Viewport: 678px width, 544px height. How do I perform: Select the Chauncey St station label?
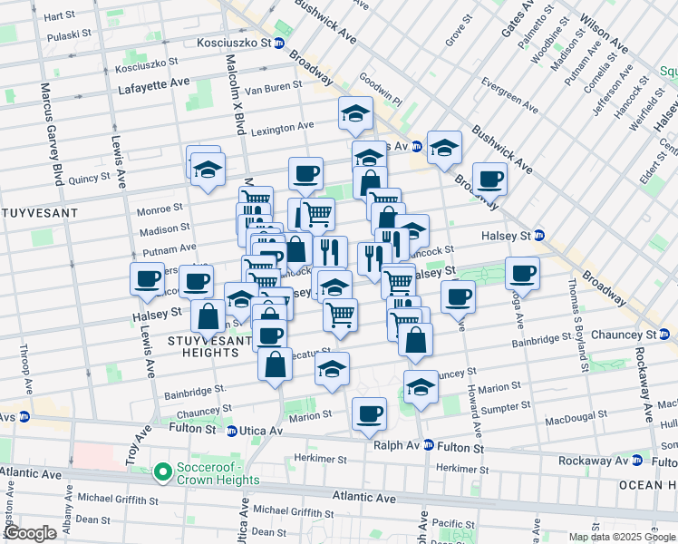coord(623,335)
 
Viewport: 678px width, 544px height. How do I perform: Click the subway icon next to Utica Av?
coord(232,431)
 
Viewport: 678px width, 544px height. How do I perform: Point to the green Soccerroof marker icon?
coord(163,471)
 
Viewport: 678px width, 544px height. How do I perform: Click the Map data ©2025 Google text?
coord(622,537)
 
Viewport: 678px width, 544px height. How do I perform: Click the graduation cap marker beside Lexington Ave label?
coord(356,114)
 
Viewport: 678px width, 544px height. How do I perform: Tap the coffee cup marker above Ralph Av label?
coord(368,414)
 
